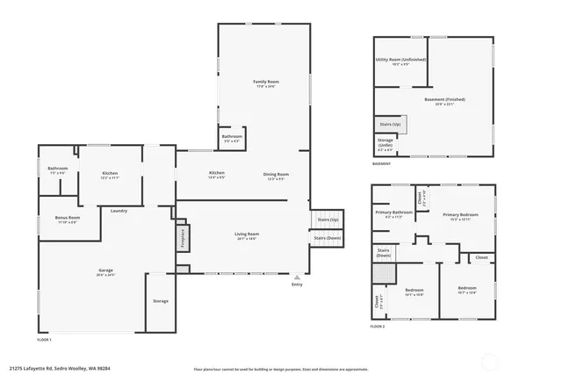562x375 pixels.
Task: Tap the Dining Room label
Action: coord(276,174)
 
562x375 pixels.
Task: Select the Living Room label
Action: coord(246,234)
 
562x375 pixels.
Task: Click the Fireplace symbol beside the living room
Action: coord(182,238)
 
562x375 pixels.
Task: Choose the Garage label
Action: coord(105,270)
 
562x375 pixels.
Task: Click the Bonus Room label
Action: coord(68,217)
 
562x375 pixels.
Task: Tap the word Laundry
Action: coord(119,210)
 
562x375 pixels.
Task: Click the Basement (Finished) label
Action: coord(444,99)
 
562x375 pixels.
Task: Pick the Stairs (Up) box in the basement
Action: coord(389,125)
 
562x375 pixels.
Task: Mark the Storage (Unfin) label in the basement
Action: coord(385,142)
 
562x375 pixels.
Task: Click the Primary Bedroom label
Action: coord(460,214)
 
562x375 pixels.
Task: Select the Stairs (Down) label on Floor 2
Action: coord(384,252)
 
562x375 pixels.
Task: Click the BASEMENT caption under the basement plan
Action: coord(382,163)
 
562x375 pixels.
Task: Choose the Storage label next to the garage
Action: coord(160,301)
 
